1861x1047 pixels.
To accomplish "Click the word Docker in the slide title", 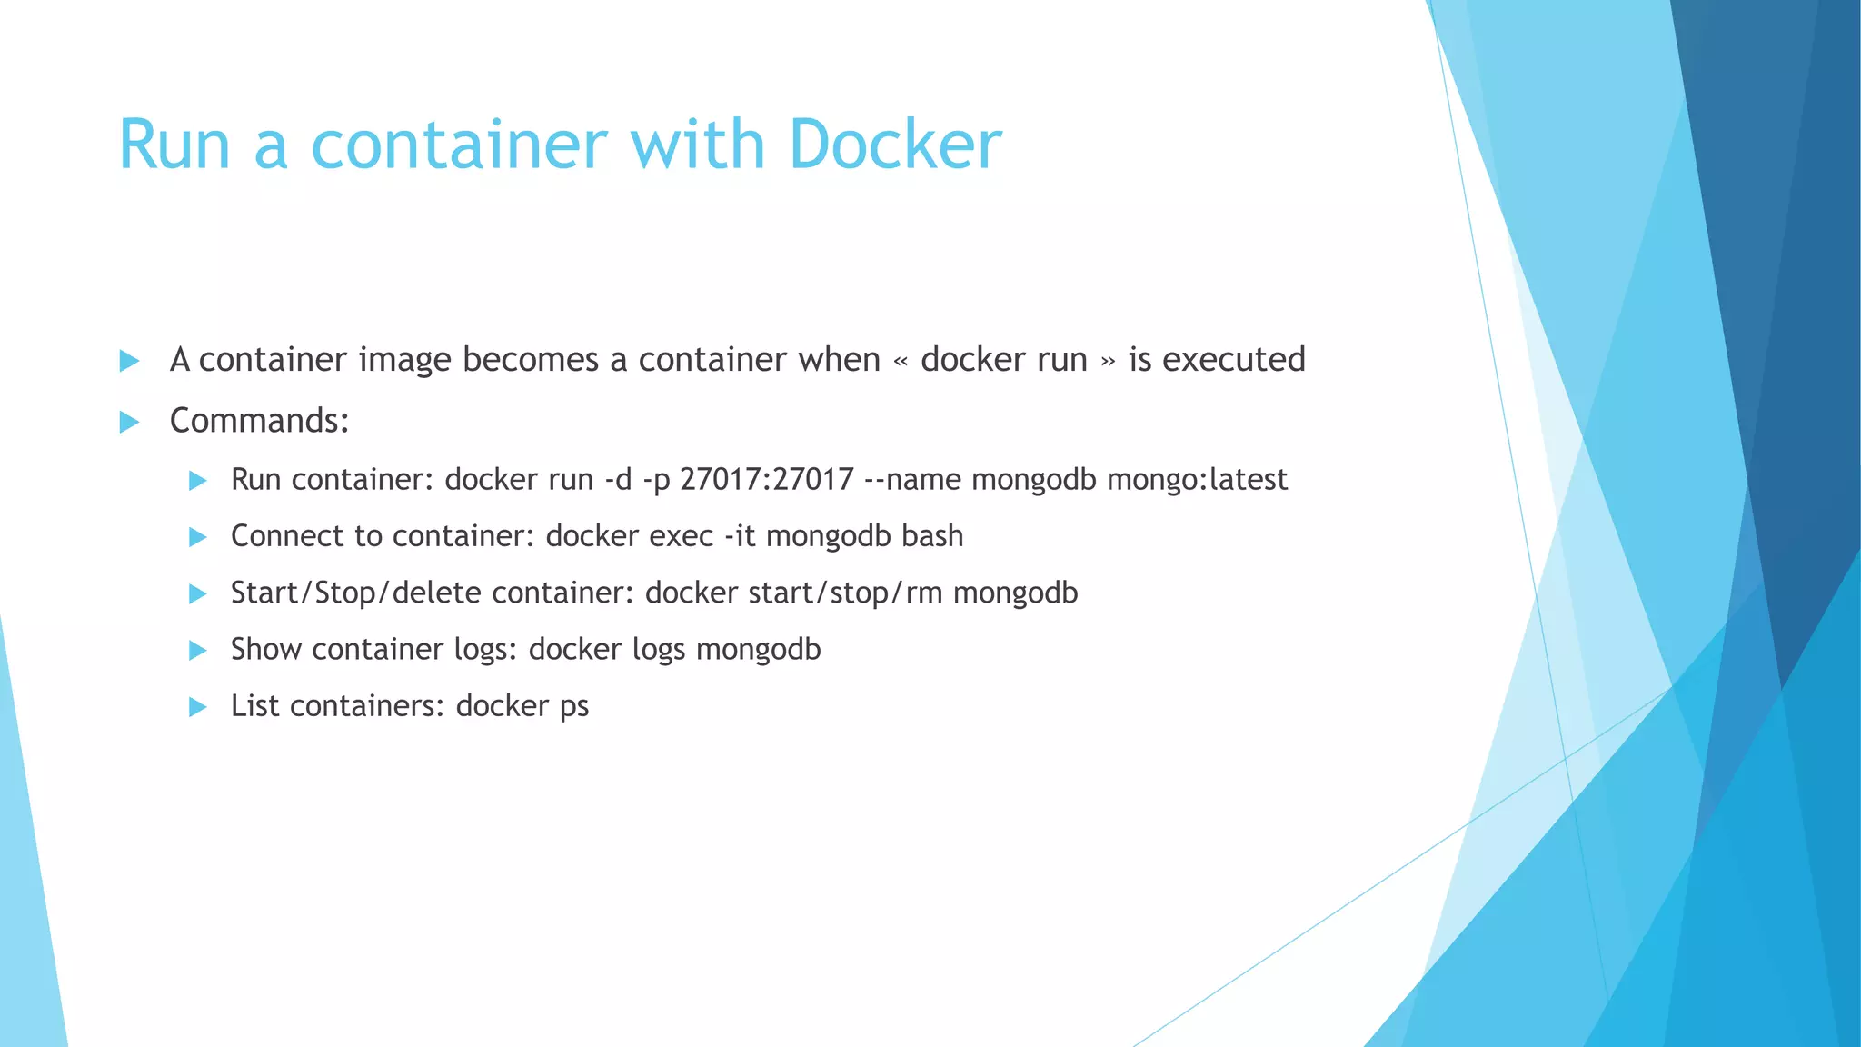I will click(895, 145).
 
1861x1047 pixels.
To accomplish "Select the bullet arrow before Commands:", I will click(129, 422).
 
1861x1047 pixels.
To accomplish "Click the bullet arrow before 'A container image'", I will click(129, 361).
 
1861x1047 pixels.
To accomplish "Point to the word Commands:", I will click(260, 421).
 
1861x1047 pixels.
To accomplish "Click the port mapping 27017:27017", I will click(767, 479).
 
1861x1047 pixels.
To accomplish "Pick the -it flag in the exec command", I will click(740, 536).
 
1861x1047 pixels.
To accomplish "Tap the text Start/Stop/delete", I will click(355, 593).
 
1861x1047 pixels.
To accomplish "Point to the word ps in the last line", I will click(574, 706).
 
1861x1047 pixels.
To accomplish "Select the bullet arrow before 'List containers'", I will click(197, 707).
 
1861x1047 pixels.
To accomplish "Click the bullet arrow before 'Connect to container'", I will click(197, 537).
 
